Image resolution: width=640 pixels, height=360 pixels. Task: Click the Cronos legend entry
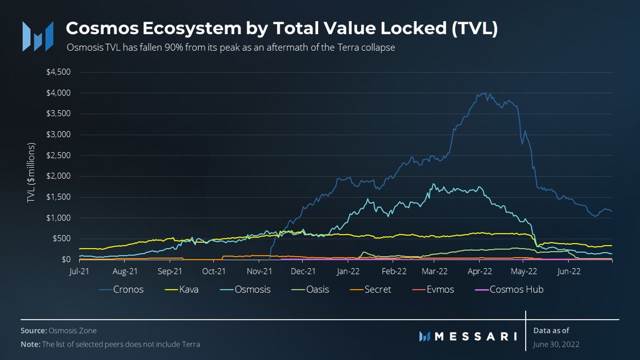pyautogui.click(x=121, y=289)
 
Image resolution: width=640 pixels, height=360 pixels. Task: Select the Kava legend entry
pyautogui.click(x=182, y=289)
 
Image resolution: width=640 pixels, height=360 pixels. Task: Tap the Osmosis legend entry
pyautogui.click(x=245, y=289)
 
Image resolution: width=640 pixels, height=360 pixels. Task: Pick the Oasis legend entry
pyautogui.click(x=310, y=289)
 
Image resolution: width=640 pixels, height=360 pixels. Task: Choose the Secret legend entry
pyautogui.click(x=370, y=289)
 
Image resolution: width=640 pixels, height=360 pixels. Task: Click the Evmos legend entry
pyautogui.click(x=433, y=289)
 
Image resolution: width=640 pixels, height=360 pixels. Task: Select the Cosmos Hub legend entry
pyautogui.click(x=509, y=289)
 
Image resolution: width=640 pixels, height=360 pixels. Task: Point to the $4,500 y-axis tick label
pyautogui.click(x=59, y=72)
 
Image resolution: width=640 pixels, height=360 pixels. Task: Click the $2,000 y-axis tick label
pyautogui.click(x=59, y=176)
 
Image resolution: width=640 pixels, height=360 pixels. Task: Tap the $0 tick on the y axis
pyautogui.click(x=66, y=259)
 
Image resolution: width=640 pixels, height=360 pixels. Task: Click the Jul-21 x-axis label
pyautogui.click(x=79, y=271)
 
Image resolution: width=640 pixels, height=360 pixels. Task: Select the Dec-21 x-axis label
pyautogui.click(x=303, y=271)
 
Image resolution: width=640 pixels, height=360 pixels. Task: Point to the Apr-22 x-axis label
pyautogui.click(x=480, y=271)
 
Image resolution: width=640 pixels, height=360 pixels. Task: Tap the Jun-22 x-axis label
pyautogui.click(x=569, y=271)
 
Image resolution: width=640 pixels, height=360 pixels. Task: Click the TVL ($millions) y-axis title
pyautogui.click(x=31, y=173)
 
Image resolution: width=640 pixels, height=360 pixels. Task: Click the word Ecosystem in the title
pyautogui.click(x=192, y=28)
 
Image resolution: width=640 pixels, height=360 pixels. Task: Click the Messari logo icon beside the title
pyautogui.click(x=38, y=36)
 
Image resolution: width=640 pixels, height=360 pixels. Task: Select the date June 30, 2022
pyautogui.click(x=556, y=344)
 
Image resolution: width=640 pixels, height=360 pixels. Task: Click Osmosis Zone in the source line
pyautogui.click(x=73, y=331)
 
